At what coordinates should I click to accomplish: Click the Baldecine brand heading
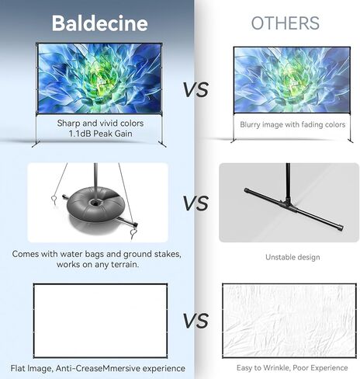100,23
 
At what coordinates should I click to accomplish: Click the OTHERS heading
286,23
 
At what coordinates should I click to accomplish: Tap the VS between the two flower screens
196,90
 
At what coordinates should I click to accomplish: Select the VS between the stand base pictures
196,203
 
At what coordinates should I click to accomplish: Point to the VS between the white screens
196,321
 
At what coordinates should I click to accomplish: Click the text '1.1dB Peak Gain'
100,134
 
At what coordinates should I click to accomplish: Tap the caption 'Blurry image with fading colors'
292,124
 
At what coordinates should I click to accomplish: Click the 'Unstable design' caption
292,257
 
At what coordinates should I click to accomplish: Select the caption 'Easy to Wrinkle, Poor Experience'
292,368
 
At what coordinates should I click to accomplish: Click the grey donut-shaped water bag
95,205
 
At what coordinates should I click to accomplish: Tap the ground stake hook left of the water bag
54,200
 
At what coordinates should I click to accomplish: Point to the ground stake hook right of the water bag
133,234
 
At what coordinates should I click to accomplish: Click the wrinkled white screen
289,321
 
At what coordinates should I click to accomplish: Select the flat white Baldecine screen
100,321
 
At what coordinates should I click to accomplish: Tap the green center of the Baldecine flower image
99,78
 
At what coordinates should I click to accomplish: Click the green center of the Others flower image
292,79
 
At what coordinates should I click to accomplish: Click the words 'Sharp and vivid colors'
100,123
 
